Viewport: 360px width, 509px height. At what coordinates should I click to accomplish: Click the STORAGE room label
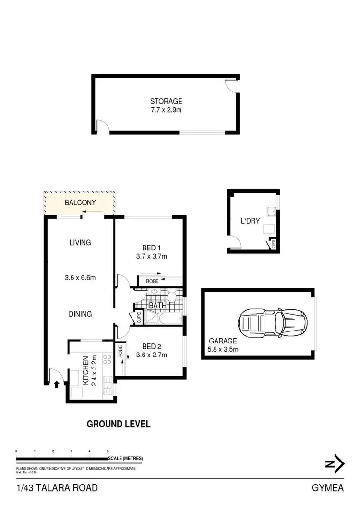(166, 101)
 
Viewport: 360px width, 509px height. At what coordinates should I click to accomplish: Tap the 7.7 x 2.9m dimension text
(166, 110)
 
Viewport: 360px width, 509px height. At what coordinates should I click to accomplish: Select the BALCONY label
(80, 202)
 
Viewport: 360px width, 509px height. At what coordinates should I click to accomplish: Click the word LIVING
(80, 243)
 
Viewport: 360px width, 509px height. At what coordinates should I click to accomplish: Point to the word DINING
(80, 314)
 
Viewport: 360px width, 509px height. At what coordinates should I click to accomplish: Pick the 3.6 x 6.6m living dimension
(80, 277)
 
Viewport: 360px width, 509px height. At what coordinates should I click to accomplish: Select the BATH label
(157, 305)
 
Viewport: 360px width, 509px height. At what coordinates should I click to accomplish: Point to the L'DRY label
(250, 222)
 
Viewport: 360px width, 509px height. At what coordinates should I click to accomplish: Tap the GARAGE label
(223, 341)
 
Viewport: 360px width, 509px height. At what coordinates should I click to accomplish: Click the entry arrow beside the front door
(57, 383)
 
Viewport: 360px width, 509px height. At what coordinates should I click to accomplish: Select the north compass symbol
(335, 464)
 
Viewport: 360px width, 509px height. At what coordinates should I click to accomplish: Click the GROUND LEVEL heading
(119, 424)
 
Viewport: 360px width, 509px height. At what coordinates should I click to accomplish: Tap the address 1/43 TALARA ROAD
(57, 488)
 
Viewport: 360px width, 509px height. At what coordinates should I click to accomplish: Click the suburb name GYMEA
(328, 488)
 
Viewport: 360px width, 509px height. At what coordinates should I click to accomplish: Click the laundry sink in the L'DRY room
(271, 210)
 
